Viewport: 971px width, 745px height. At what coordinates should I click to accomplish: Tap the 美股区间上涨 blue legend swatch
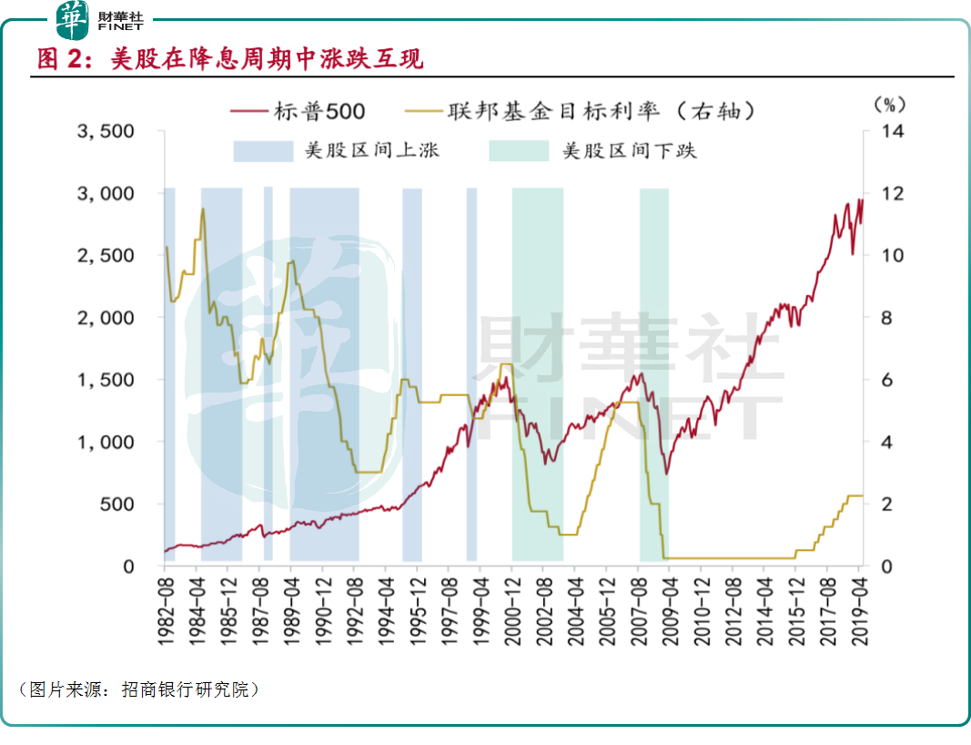click(x=261, y=150)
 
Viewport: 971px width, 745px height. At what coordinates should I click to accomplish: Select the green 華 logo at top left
click(x=74, y=19)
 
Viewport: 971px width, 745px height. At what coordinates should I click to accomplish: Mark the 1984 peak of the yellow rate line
click(x=202, y=209)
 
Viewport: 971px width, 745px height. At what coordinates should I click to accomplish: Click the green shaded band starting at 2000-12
click(x=537, y=373)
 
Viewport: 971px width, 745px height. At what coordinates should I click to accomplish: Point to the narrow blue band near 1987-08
click(x=268, y=373)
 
